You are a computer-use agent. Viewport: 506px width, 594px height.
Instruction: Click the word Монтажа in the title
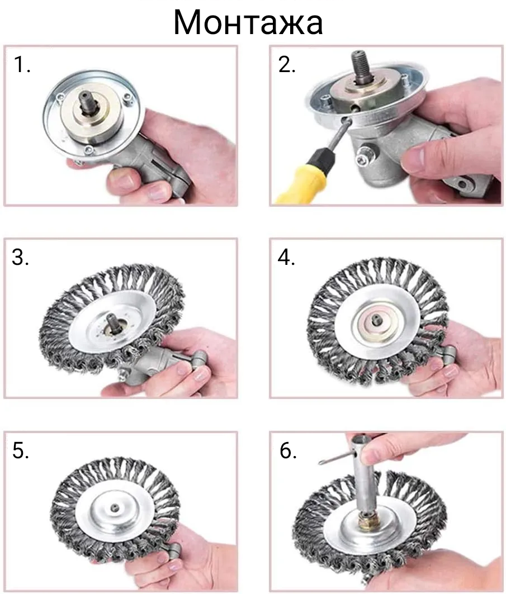[x=248, y=22]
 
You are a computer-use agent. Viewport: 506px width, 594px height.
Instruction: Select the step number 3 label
[x=21, y=258]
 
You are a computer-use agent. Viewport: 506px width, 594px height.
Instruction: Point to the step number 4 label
[x=286, y=258]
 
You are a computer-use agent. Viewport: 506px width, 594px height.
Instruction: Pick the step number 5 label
[x=21, y=451]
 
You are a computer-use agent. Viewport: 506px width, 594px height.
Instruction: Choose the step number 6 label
[x=288, y=451]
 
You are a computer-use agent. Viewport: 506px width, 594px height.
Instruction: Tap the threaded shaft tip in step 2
[x=360, y=63]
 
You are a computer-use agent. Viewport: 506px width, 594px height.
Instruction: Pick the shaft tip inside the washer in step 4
[x=377, y=319]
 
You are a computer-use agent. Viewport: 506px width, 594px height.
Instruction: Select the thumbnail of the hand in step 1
[x=123, y=177]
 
